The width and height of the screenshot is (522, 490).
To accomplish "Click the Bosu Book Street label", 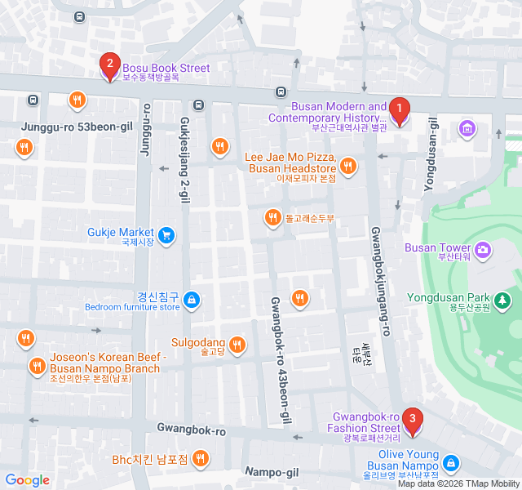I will tap(166, 69).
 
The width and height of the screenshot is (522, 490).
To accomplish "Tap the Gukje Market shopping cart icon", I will tap(166, 236).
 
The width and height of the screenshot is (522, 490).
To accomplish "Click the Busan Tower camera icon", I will tap(483, 248).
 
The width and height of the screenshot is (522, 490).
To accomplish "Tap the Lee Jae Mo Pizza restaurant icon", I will tap(348, 167).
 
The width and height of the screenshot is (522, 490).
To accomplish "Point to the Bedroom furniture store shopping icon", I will tap(191, 301).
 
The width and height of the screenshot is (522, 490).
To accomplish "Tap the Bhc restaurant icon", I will tap(200, 459).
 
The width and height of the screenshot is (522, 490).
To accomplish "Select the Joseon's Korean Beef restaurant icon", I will tap(36, 366).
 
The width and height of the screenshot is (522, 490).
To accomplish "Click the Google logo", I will tap(27, 480).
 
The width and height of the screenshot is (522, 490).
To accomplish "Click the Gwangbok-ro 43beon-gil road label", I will tap(279, 359).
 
